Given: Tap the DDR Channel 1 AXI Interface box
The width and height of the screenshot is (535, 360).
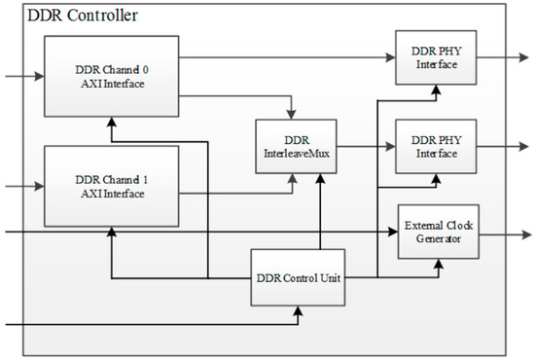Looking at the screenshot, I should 111,186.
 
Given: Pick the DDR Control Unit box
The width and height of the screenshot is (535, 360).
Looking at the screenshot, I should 299,277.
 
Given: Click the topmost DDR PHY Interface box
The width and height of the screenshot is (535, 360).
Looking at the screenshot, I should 435,56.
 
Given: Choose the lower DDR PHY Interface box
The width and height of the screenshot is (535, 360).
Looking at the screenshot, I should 435,147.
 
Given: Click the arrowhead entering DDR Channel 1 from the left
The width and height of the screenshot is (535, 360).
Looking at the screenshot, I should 38,185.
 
